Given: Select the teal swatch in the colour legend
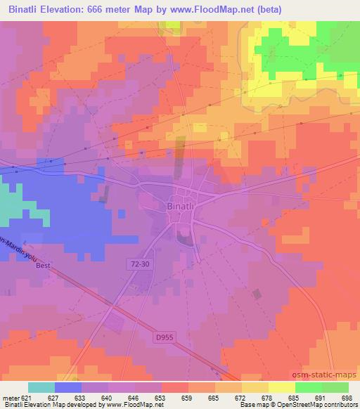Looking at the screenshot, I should [41, 387].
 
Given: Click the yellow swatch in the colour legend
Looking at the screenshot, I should [282, 387].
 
